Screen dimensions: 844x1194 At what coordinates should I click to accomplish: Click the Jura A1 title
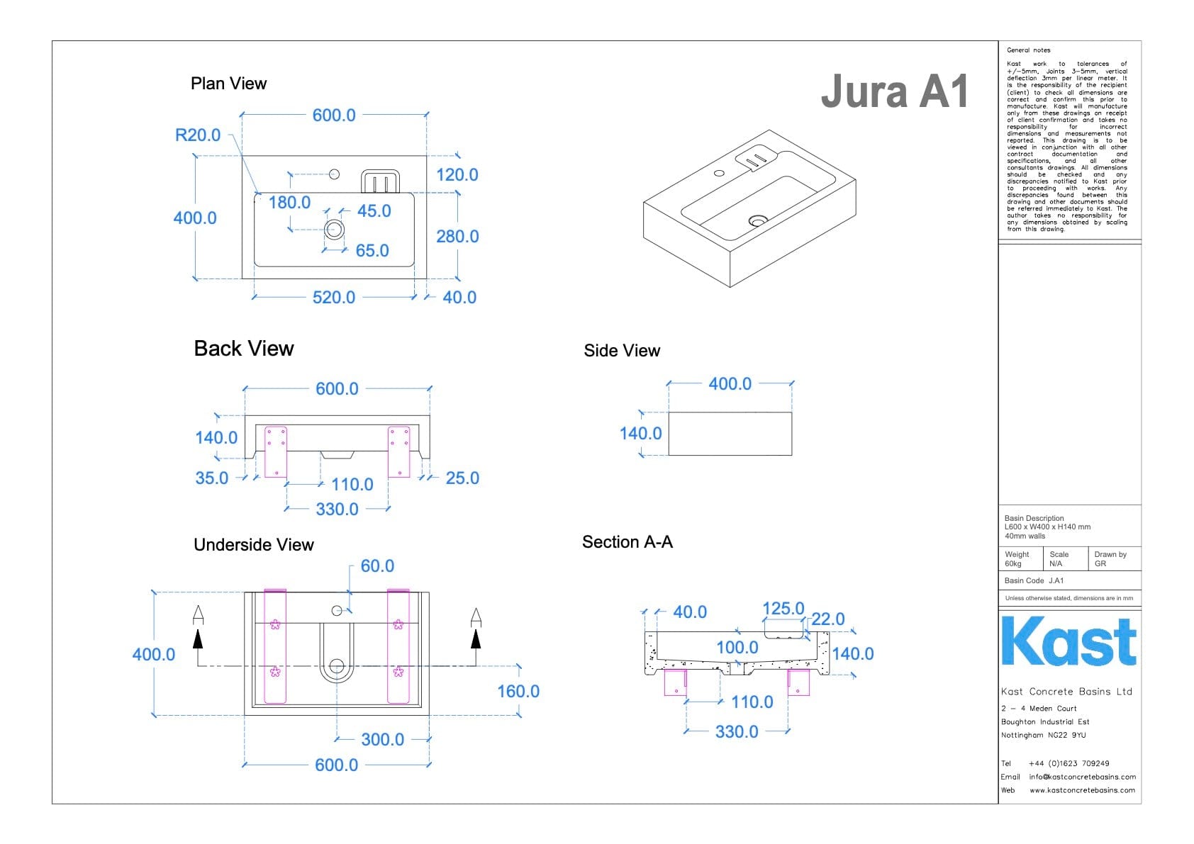tap(895, 91)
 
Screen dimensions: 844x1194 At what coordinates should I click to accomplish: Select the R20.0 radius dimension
tap(198, 135)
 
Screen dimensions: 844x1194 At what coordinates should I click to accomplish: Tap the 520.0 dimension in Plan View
tap(334, 297)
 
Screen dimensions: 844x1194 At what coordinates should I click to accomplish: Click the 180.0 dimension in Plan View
tap(289, 202)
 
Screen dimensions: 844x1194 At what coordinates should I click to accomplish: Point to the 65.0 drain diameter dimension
tap(372, 250)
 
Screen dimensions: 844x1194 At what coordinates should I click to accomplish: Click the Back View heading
tap(244, 349)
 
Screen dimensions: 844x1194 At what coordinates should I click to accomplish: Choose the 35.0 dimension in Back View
tap(211, 478)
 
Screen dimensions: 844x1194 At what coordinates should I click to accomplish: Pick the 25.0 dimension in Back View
tap(462, 478)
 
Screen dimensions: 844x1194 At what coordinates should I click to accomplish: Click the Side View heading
tap(622, 351)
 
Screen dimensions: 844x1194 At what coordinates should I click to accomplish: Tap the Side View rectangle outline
tap(730, 434)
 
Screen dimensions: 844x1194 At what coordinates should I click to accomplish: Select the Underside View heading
tap(254, 545)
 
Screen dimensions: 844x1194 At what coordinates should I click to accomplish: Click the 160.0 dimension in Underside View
tap(518, 691)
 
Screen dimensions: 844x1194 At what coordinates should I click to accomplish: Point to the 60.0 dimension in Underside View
tap(377, 566)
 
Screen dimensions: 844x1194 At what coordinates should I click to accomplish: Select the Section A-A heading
tap(627, 542)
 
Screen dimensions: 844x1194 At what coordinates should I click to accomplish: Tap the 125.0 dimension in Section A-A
tap(783, 608)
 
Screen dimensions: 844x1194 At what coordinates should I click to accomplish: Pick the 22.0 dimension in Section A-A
tap(828, 619)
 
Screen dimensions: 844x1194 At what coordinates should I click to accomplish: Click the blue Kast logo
tap(1069, 641)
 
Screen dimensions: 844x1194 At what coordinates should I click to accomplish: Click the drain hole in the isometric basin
tap(758, 221)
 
